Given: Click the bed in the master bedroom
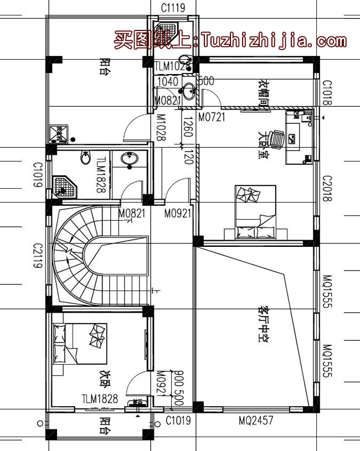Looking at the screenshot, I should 255,213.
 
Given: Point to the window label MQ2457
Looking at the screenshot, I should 255,421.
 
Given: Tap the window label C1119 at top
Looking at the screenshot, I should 173,8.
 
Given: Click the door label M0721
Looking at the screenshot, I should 211,117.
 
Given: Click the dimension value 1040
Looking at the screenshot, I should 168,81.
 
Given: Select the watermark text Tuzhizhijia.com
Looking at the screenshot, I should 274,40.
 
